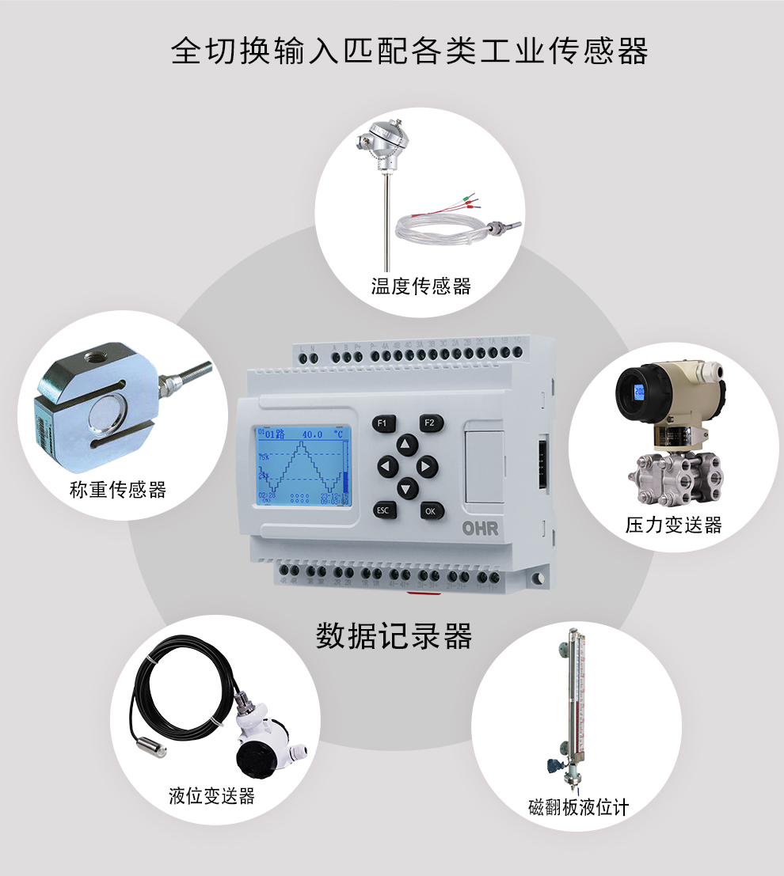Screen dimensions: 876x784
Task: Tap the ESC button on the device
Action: click(383, 510)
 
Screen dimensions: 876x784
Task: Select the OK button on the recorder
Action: click(430, 510)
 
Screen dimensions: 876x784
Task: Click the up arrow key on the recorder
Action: click(406, 445)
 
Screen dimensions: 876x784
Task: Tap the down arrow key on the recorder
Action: click(406, 488)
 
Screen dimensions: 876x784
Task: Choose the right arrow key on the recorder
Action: click(428, 467)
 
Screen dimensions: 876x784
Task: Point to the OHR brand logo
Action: click(481, 529)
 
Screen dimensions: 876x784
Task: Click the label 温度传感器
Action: click(421, 286)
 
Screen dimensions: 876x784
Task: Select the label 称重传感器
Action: click(118, 490)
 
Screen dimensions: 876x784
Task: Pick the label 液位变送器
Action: click(212, 796)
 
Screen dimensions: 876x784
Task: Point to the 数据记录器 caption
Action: click(394, 635)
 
